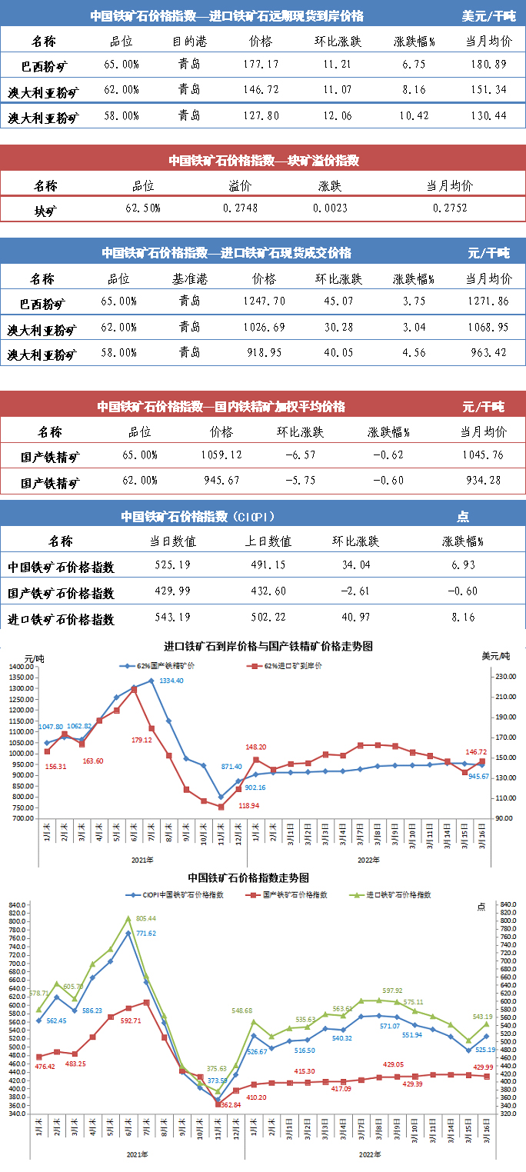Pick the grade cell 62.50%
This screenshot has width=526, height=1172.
(x=142, y=208)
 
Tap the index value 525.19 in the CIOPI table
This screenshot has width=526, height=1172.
(x=172, y=567)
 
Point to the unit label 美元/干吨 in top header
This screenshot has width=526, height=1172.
(x=489, y=15)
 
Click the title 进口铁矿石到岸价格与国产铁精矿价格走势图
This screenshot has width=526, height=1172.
(x=268, y=647)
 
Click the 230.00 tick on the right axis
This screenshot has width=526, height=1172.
(x=503, y=677)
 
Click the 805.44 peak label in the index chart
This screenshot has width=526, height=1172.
(x=145, y=918)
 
